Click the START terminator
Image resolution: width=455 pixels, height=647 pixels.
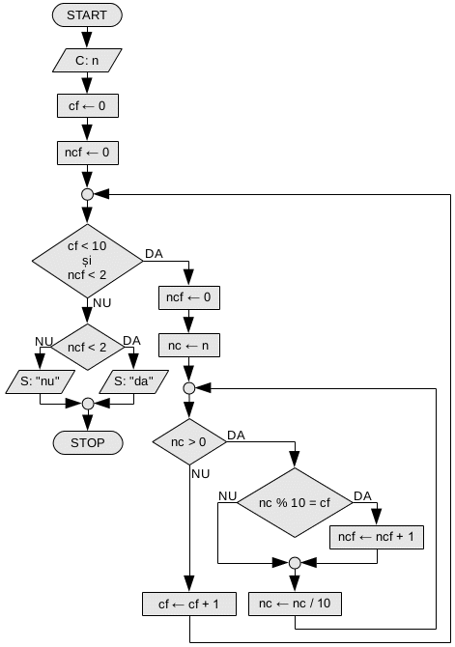point(87,15)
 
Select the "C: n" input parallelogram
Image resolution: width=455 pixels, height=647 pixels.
point(87,60)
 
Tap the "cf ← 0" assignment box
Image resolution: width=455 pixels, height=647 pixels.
point(88,106)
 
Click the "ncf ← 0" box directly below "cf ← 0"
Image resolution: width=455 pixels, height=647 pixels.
point(88,153)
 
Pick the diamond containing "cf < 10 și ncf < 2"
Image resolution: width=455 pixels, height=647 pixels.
point(87,261)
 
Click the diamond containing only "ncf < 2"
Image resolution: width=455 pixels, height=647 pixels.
point(87,347)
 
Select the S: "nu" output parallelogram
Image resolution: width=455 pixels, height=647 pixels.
point(40,381)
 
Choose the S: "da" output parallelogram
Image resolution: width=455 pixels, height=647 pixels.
point(133,381)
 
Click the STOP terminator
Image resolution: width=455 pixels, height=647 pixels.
point(88,442)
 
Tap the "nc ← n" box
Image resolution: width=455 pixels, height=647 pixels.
point(189,346)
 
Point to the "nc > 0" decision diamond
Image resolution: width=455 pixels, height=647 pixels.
point(189,442)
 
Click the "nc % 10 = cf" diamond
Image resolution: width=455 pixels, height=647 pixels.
point(295,502)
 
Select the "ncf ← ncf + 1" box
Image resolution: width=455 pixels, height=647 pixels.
point(377,537)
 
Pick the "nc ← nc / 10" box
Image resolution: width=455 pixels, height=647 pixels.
point(295,604)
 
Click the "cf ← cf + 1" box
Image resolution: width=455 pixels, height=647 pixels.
point(189,605)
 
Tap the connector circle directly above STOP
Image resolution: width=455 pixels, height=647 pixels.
point(88,404)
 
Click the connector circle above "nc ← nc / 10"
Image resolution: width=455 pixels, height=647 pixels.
point(295,562)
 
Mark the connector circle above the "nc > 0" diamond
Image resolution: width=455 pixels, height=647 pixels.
point(189,388)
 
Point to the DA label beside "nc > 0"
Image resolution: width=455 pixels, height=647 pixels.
point(236,436)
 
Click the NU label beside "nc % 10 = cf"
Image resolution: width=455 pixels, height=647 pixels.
point(228,496)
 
